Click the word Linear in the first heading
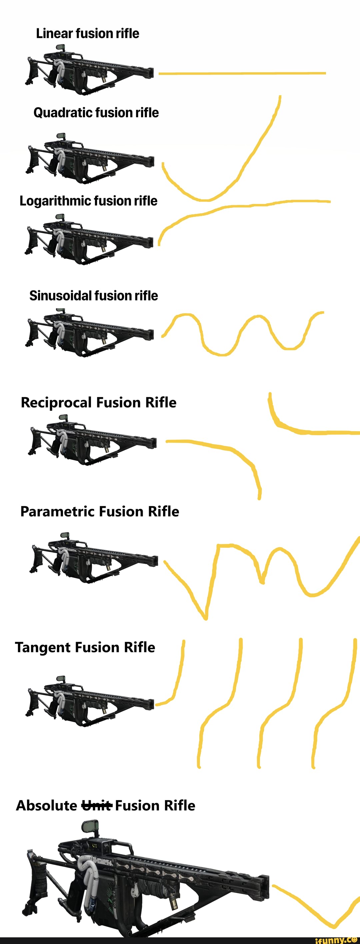tap(55, 33)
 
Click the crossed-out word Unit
tap(96, 805)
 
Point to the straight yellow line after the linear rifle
tap(242, 73)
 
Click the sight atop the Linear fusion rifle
tap(60, 48)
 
